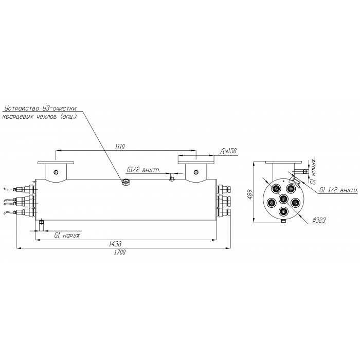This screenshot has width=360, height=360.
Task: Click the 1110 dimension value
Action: click(120, 147)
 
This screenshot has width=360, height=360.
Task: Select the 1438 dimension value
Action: click(115, 244)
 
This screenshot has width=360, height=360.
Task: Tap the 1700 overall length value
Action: click(120, 252)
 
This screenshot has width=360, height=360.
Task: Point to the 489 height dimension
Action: click(250, 194)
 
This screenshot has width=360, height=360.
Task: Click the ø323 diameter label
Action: click(319, 221)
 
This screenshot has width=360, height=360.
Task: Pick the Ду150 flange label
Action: click(228, 151)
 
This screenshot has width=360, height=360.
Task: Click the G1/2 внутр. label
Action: click(143, 170)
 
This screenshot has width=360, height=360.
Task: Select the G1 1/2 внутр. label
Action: click(338, 190)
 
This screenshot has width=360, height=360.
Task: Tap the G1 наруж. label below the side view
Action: click(67, 236)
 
